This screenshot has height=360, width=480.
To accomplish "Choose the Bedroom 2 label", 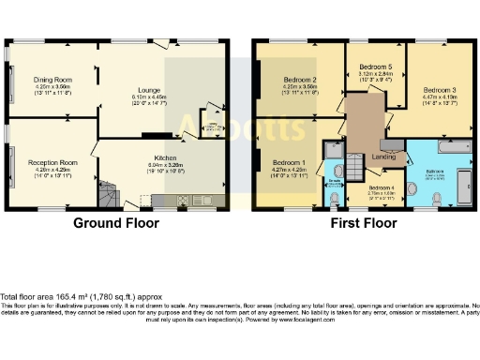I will point(301,80).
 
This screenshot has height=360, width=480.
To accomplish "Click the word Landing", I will point(383,156).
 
